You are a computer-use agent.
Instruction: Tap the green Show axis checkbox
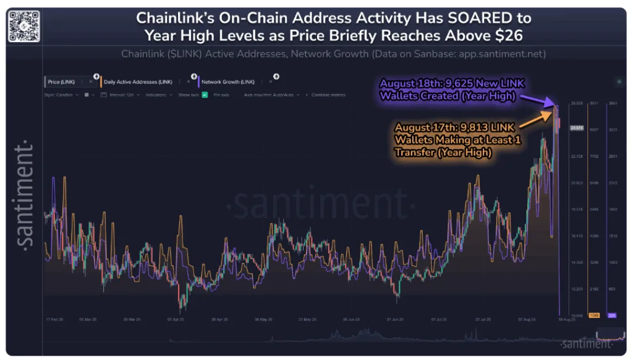click(x=205, y=95)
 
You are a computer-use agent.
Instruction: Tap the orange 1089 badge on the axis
click(x=595, y=315)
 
